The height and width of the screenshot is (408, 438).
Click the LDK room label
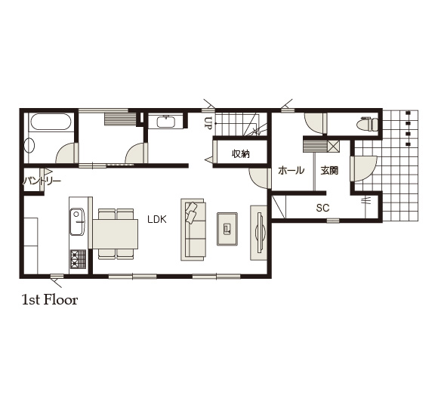pyautogui.click(x=157, y=220)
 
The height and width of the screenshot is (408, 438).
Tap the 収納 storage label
pyautogui.click(x=241, y=153)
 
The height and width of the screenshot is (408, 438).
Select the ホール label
pyautogui.click(x=291, y=170)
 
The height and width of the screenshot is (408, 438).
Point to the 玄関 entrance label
pyautogui.click(x=329, y=170)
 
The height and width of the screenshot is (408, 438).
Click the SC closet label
pyautogui.click(x=322, y=208)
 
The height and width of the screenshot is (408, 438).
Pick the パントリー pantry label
pyautogui.click(x=42, y=181)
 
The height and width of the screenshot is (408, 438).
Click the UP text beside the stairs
pyautogui.click(x=207, y=122)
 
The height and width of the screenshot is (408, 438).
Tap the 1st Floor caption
pyautogui.click(x=50, y=300)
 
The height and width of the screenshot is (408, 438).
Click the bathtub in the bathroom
pyautogui.click(x=51, y=122)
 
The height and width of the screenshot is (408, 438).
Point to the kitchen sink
pyautogui.click(x=77, y=221)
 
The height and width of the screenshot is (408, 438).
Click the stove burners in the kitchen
pyautogui.click(x=79, y=259)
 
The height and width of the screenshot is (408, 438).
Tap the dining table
pyautogui.click(x=116, y=234)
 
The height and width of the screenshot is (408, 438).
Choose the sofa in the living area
pyautogui.click(x=193, y=230)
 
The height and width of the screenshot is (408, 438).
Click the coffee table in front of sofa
pyautogui.click(x=227, y=229)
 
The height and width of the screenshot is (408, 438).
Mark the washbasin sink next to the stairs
pyautogui.click(x=166, y=122)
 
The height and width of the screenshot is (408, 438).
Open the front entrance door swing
pyautogui.click(x=363, y=169)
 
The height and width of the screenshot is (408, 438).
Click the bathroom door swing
pyautogui.click(x=66, y=153)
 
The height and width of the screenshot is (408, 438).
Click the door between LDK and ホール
pyautogui.click(x=260, y=178)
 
